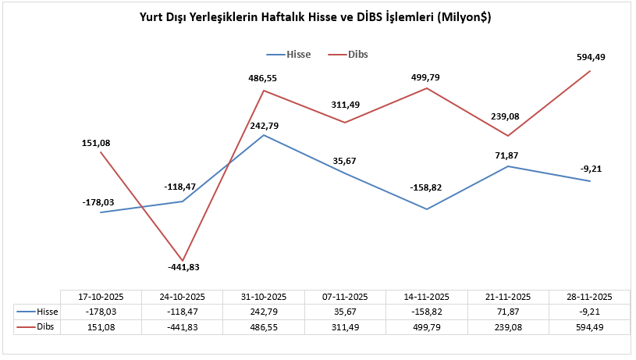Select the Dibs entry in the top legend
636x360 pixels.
pos(358,55)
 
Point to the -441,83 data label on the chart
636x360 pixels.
pos(183,266)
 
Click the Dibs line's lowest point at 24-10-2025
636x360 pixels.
pos(183,260)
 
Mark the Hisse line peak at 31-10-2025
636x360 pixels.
pos(265,135)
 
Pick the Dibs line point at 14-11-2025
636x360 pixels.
pos(427,88)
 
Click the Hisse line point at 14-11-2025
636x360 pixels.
pos(427,209)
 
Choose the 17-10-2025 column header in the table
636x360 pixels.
pos(101,297)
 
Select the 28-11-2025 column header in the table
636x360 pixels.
pos(589,297)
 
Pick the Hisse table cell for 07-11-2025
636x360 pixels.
pos(346,312)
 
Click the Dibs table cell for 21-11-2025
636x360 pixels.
pos(508,326)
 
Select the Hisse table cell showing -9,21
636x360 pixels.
pos(589,312)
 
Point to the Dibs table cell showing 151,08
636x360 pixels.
pos(101,326)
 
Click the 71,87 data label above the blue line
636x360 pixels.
pos(508,155)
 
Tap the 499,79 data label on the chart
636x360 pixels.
pos(427,77)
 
